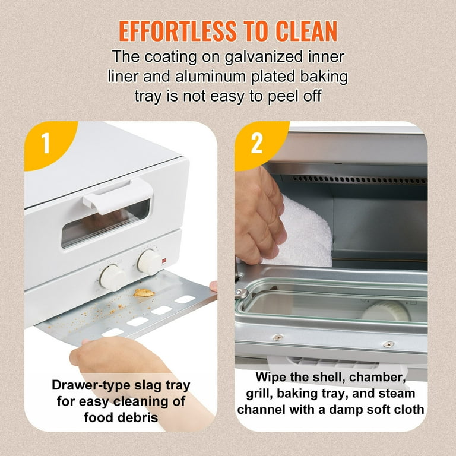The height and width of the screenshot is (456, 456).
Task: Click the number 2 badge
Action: click(x=256, y=143)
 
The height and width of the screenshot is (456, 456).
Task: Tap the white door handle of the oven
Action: click(x=118, y=194)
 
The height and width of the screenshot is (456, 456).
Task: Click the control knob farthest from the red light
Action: click(x=112, y=277)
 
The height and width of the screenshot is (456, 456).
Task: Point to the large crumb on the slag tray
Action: click(x=142, y=292)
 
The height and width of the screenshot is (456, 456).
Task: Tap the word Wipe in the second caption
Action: click(x=271, y=377)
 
